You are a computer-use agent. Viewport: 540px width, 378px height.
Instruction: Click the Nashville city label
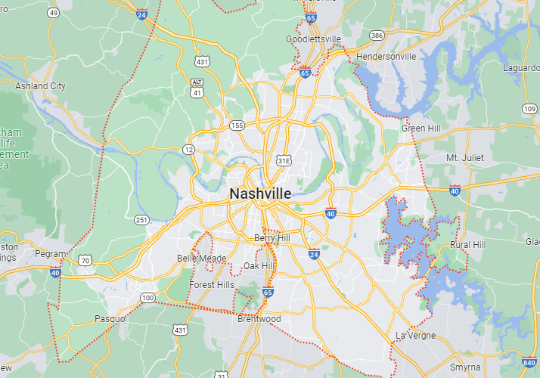[260, 194]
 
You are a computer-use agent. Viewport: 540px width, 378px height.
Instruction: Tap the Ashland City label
[40, 86]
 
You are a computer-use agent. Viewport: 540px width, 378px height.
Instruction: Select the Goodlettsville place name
[313, 39]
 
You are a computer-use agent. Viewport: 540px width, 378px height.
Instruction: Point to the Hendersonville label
[386, 57]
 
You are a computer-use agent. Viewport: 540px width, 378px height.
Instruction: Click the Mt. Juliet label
[464, 157]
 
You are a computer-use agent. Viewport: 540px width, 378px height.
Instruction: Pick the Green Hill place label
[421, 129]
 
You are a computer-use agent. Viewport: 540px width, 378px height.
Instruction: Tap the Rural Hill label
[467, 245]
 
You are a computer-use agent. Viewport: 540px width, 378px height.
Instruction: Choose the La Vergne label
[415, 335]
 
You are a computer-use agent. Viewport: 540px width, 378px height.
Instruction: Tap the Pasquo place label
[110, 319]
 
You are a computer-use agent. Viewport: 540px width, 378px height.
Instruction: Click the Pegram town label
[50, 255]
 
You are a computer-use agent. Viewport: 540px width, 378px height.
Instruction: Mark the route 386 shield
[376, 36]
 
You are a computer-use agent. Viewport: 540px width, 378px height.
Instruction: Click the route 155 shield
[237, 125]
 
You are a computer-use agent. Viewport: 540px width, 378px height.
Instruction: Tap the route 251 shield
[141, 219]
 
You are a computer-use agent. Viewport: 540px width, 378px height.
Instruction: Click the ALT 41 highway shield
[197, 87]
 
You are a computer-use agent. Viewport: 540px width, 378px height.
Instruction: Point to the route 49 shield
[53, 13]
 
